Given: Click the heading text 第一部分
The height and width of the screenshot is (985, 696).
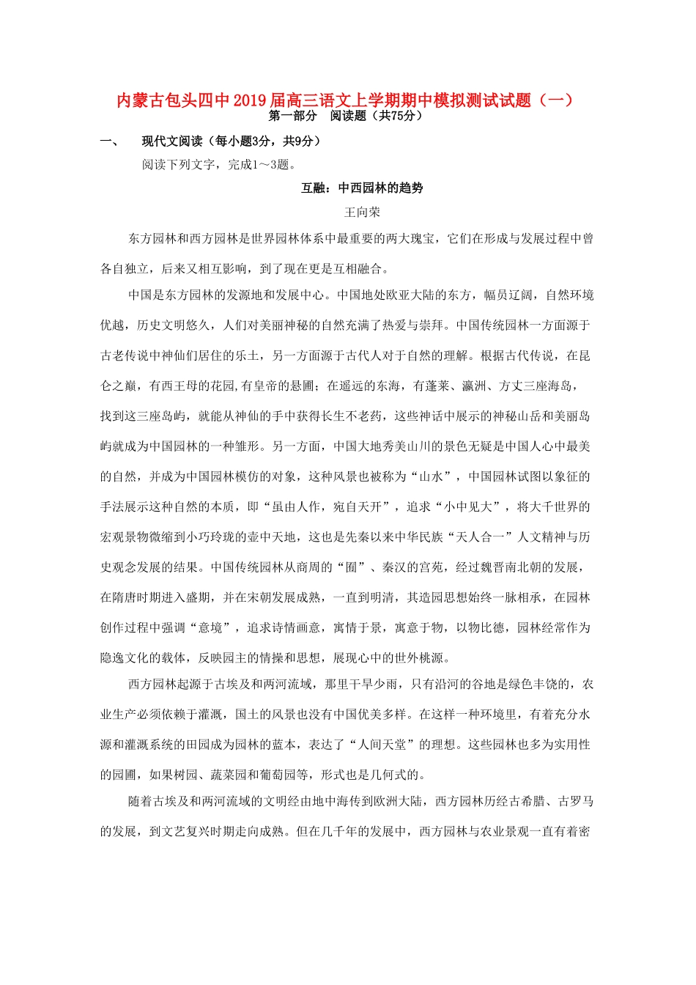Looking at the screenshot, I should [x=293, y=116].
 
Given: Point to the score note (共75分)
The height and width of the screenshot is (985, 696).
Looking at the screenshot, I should [x=397, y=116].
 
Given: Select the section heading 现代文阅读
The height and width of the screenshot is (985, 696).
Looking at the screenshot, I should [x=172, y=141].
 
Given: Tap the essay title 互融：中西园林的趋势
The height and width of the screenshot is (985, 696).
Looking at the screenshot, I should [x=362, y=188].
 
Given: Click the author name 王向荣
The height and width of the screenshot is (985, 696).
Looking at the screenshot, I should [x=362, y=213].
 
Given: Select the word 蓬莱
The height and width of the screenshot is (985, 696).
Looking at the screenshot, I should [x=437, y=386].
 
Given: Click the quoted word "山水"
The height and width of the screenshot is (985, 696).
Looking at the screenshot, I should [x=431, y=477].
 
